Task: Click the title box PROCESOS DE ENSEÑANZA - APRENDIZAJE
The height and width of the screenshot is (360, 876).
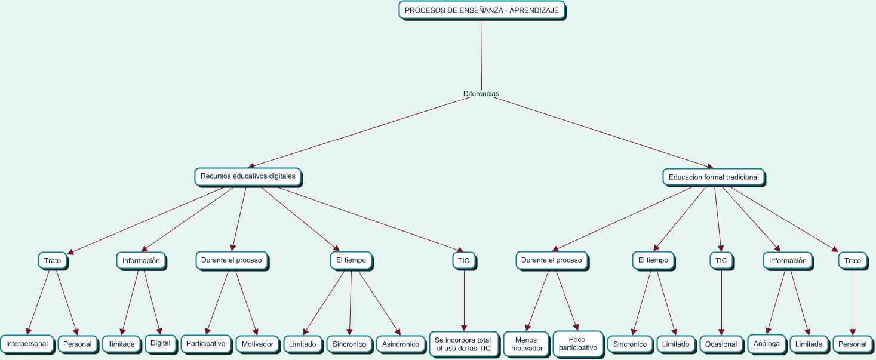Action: point(481,10)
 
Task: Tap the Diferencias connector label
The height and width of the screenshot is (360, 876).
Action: point(481,94)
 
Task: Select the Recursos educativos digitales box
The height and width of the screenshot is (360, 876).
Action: point(248,177)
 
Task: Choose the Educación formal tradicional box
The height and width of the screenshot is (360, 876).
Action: point(714,177)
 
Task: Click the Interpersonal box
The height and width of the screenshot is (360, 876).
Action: point(27,344)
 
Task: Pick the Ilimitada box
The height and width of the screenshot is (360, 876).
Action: point(122,344)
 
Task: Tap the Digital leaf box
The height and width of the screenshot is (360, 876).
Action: point(160,343)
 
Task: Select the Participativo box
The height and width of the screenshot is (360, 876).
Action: point(205,343)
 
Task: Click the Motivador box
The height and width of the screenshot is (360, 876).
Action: point(257,344)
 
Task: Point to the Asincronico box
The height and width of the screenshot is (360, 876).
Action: point(401,344)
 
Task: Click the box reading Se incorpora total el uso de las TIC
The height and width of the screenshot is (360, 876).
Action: point(463,344)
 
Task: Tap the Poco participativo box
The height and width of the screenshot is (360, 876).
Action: point(577,344)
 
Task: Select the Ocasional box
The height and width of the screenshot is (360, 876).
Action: point(721,344)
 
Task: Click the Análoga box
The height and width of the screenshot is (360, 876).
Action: point(767,343)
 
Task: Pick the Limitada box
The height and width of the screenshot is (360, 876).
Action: point(809,344)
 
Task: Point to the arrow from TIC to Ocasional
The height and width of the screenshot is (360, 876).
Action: point(722,301)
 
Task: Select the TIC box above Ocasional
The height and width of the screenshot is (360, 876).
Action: point(721,261)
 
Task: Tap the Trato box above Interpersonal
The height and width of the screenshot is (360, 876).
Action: point(53,261)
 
